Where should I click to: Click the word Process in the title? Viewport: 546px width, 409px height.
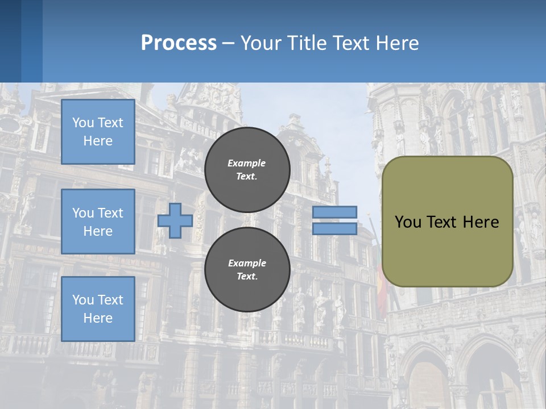click(x=179, y=43)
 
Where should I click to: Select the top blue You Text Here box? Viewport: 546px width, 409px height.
click(x=98, y=132)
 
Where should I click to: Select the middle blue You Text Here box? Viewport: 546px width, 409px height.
click(x=98, y=222)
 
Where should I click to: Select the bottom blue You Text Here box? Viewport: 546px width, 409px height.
click(x=98, y=309)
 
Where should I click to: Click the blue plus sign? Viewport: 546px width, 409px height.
click(x=175, y=220)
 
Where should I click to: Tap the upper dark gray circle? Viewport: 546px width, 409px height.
click(x=247, y=170)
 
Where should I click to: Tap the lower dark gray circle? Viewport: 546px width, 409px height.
click(x=247, y=270)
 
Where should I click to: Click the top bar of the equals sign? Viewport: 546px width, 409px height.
click(x=334, y=212)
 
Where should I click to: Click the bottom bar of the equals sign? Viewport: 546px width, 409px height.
click(x=334, y=228)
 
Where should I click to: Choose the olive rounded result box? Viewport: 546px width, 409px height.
click(x=447, y=250)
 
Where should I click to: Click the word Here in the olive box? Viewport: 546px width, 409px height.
click(x=481, y=222)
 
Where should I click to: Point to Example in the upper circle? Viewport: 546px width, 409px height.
click(x=246, y=163)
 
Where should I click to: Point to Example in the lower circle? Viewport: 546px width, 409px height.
click(x=247, y=263)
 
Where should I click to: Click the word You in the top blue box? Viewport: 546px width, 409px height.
click(x=83, y=123)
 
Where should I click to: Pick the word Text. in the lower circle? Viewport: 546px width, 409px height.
click(x=247, y=277)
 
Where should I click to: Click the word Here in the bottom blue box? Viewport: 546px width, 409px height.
click(x=98, y=318)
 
